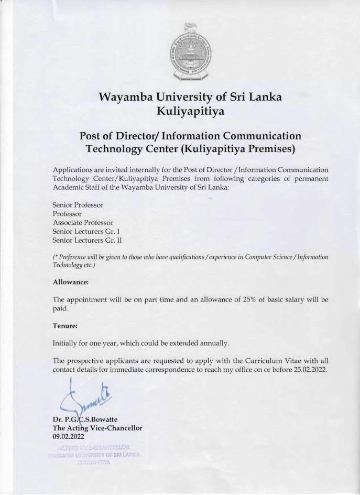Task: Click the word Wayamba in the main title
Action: (x=129, y=97)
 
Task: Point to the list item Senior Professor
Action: (x=78, y=205)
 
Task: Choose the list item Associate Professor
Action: (x=83, y=222)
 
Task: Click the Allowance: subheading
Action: (x=71, y=282)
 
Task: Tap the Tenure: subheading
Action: (x=65, y=326)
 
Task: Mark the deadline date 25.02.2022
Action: (x=308, y=370)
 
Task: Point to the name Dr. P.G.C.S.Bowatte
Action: (x=85, y=421)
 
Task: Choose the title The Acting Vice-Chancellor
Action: (x=97, y=428)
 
